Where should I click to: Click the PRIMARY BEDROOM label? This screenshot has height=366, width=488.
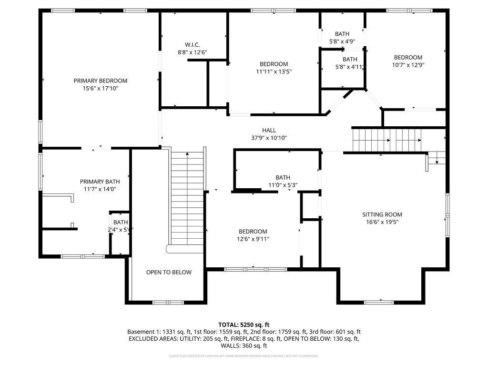point(100,81)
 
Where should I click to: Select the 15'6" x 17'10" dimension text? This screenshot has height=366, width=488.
point(100,89)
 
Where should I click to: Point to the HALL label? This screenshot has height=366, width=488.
point(269,130)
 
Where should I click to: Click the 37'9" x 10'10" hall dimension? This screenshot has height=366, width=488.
point(269,138)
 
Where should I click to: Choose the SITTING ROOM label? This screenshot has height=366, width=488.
point(382,214)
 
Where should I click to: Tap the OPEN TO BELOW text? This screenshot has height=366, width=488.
point(169,272)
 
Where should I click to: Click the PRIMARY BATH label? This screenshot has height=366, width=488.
point(100,182)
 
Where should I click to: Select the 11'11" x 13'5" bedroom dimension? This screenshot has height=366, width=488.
point(274,72)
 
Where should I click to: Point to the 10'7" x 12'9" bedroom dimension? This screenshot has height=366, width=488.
point(407,65)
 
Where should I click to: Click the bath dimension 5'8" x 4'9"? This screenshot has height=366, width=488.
point(342,41)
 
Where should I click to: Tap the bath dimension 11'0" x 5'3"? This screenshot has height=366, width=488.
point(283,185)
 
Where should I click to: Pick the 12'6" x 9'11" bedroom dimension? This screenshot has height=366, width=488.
point(253,239)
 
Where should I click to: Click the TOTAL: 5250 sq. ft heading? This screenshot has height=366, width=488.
point(244,324)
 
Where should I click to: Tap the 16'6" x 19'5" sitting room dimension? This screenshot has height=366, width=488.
point(382,222)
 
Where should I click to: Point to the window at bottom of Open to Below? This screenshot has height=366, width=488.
point(168,302)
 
